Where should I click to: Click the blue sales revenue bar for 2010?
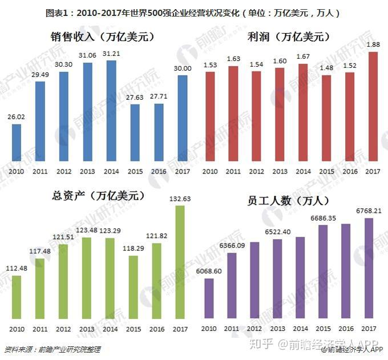[x=17, y=142]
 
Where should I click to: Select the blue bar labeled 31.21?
[x=111, y=111]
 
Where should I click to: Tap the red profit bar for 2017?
[x=373, y=106]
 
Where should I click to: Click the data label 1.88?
[x=373, y=45]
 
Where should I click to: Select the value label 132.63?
[x=180, y=198]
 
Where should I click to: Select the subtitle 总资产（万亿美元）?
[x=98, y=196]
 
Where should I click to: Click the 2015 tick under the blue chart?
[x=134, y=171]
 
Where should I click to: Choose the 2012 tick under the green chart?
[x=64, y=329]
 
